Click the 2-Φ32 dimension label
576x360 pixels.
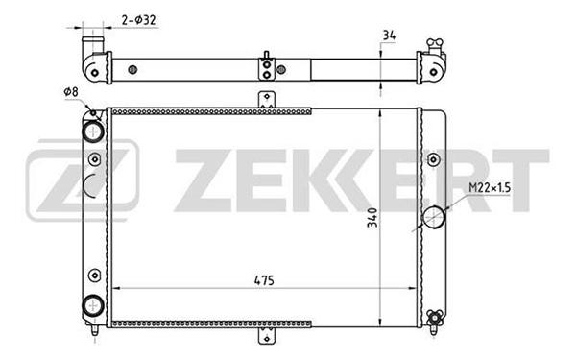click(138, 20)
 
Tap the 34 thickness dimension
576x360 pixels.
click(389, 35)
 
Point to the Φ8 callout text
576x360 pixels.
click(71, 91)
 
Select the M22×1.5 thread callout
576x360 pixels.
click(490, 188)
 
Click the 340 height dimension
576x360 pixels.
click(372, 218)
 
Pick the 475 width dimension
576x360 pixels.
click(264, 280)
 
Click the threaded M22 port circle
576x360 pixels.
click(434, 217)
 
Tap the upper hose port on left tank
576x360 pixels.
click(93, 132)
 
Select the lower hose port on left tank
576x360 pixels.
click(93, 305)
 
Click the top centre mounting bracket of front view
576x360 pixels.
click(267, 99)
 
